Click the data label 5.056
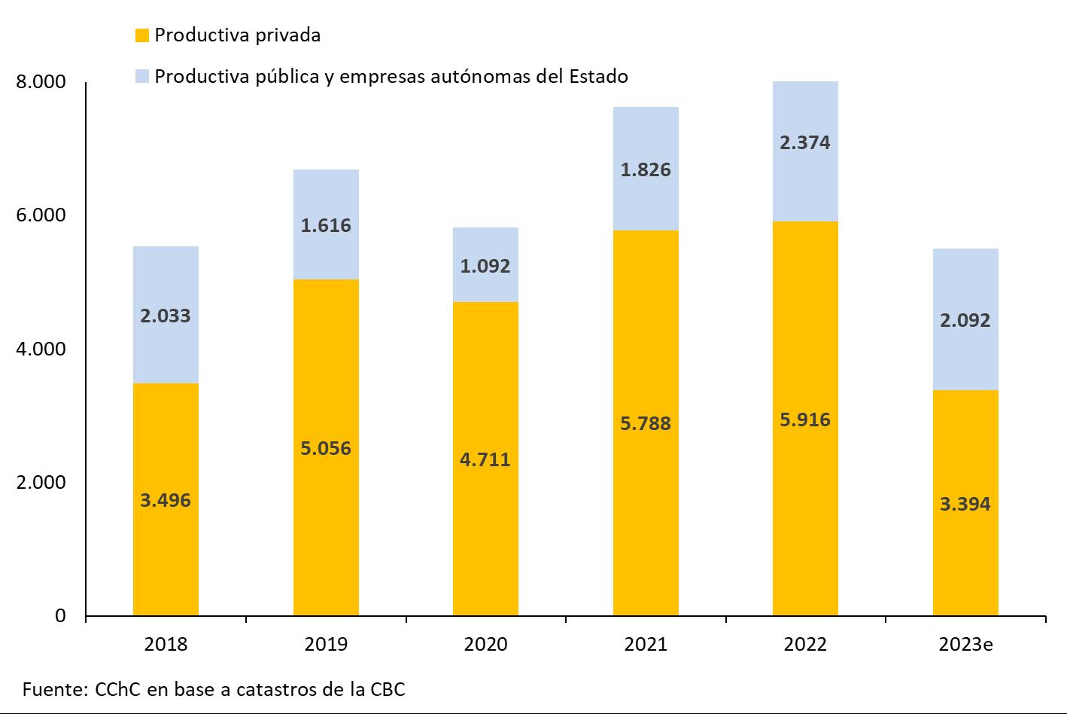(326, 448)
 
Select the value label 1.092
(485, 266)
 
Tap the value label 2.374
(805, 142)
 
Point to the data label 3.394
(965, 504)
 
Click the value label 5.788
(646, 423)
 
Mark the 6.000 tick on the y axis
(41, 215)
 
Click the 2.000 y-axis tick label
(41, 482)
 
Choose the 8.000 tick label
(41, 81)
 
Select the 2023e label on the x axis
(965, 645)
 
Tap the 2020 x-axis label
(485, 645)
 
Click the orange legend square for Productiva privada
(141, 35)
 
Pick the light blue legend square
(141, 76)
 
